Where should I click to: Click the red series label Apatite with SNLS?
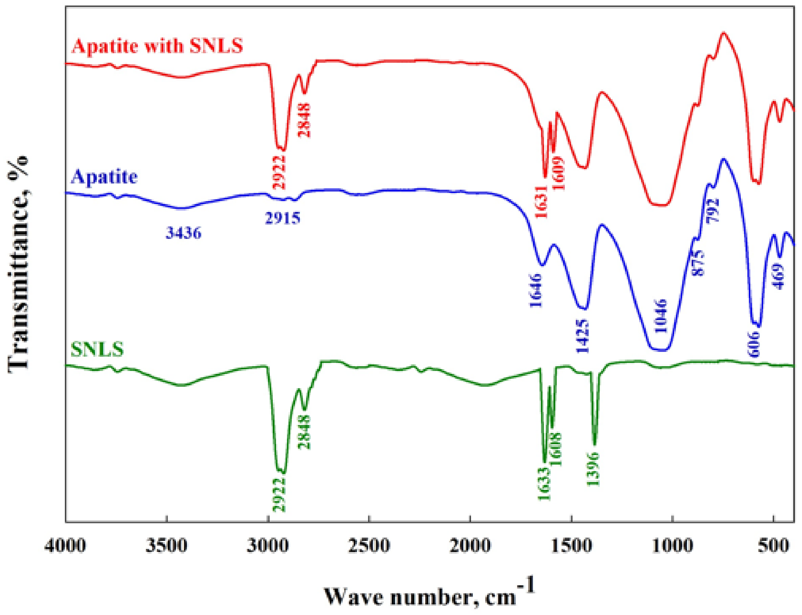pyautogui.click(x=158, y=46)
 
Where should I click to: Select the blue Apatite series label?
pyautogui.click(x=104, y=177)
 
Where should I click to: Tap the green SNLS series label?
pyautogui.click(x=97, y=349)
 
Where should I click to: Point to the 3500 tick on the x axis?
pyautogui.click(x=166, y=546)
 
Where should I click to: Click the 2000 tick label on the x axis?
pyautogui.click(x=470, y=546)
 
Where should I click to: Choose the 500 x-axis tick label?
pyautogui.click(x=773, y=546)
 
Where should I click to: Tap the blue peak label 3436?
pyautogui.click(x=184, y=233)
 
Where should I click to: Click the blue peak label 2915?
pyautogui.click(x=283, y=218)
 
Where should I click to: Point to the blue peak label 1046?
pyautogui.click(x=661, y=316)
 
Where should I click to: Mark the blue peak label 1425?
pyautogui.click(x=583, y=336)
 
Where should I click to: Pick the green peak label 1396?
pyautogui.click(x=593, y=469)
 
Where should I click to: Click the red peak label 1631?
pyautogui.click(x=541, y=202)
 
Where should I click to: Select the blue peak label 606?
pyautogui.click(x=754, y=344)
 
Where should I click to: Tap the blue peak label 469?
pyautogui.click(x=779, y=277)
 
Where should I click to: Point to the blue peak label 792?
pyautogui.click(x=713, y=210)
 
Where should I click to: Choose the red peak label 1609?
pyautogui.click(x=559, y=173)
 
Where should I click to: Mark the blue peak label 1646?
pyautogui.click(x=536, y=290)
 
